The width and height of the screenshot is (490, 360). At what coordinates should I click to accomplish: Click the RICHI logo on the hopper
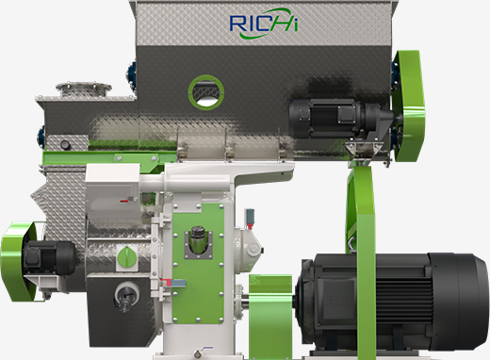[264, 24]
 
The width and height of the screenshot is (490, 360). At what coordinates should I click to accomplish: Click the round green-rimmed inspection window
[206, 92]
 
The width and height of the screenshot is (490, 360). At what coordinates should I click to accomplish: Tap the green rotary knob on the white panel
[127, 258]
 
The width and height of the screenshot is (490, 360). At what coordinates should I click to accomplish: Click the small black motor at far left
[50, 258]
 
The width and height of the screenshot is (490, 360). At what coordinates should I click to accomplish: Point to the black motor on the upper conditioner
[341, 118]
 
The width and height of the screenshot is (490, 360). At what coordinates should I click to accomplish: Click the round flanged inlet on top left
[84, 89]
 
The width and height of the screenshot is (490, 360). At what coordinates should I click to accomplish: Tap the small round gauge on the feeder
[64, 144]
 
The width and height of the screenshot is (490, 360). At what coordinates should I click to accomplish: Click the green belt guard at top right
[408, 106]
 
